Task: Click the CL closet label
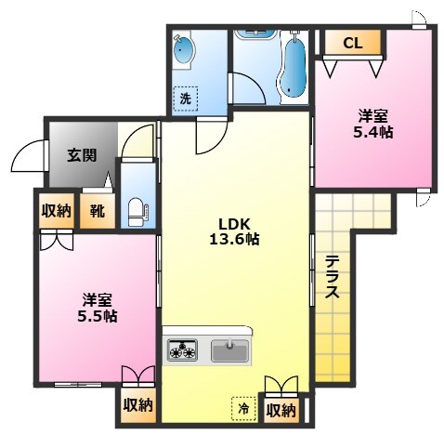coord(352,42)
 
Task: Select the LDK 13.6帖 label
coord(238,231)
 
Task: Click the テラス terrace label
coord(332,277)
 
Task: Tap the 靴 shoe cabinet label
coord(97,211)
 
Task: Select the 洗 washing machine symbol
coord(186,97)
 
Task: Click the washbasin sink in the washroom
coord(184,51)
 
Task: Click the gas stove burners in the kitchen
coord(182,350)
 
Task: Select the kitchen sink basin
coord(229,350)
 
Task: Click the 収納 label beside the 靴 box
coord(56,211)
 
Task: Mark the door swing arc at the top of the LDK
coord(209,139)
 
